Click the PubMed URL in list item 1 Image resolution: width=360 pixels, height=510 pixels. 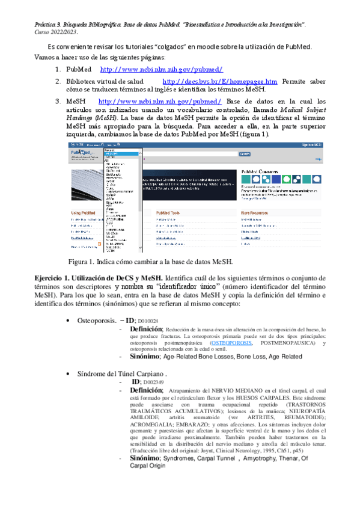point(160,70)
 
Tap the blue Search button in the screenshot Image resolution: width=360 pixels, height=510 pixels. point(278,154)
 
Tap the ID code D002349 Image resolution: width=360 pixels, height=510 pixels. point(153,382)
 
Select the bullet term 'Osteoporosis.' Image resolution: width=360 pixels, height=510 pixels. point(97,321)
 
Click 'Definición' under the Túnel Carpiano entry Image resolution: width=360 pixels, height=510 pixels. point(146,390)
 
